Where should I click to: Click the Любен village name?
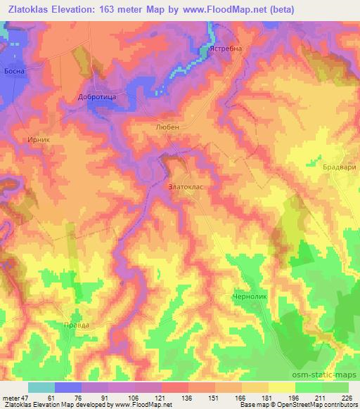[167, 127]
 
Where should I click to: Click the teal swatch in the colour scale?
[41, 387]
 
